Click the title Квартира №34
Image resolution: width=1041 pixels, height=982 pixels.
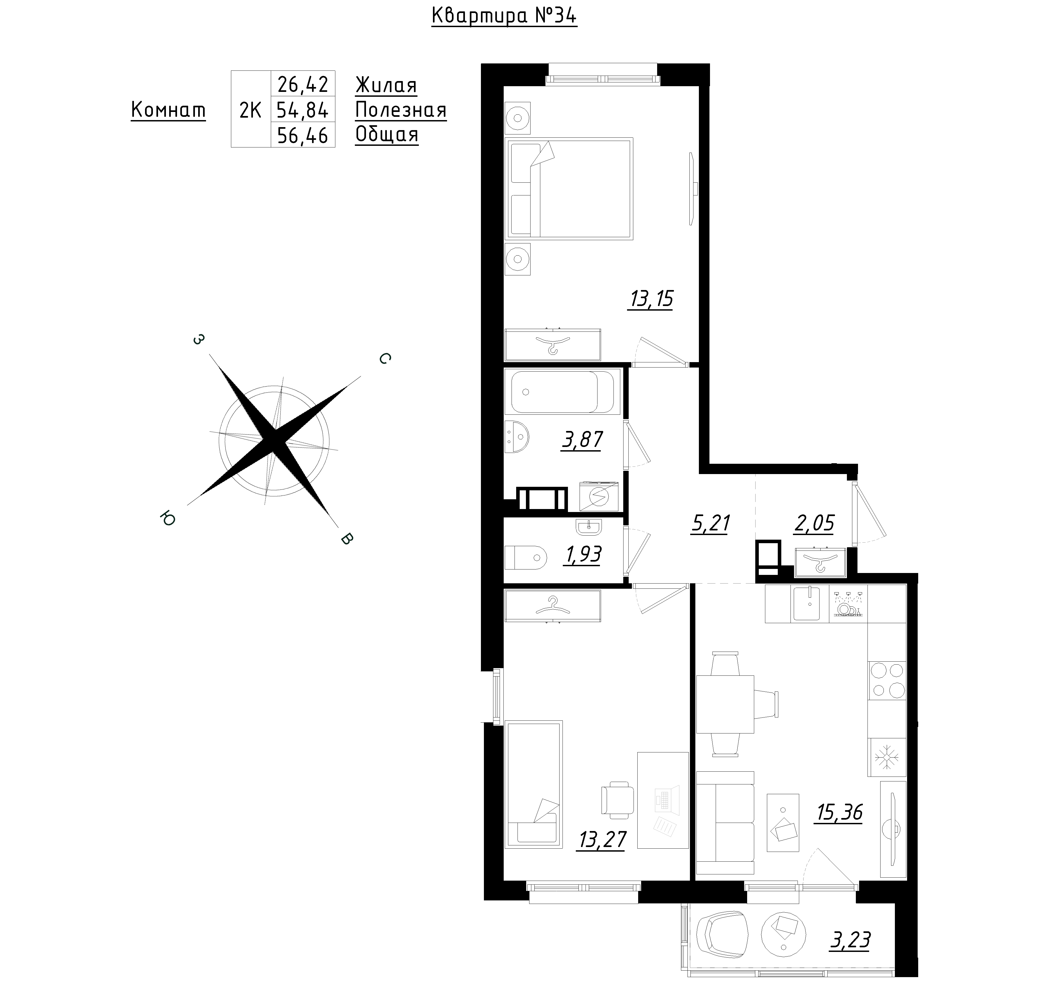504,16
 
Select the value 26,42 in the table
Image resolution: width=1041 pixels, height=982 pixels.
303,84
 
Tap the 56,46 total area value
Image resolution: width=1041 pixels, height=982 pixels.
303,136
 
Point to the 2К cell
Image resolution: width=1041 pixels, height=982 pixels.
250,110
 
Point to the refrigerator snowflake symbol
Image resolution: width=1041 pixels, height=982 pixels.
886,757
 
